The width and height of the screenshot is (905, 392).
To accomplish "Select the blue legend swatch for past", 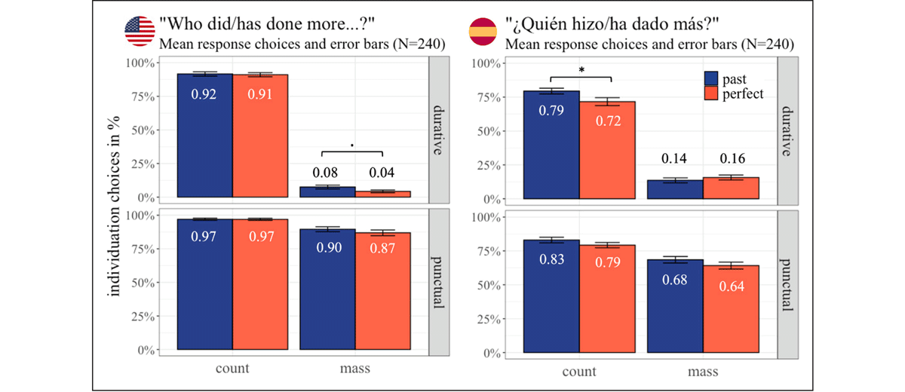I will tap(710, 78).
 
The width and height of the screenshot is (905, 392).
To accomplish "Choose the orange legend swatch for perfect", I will tap(710, 94).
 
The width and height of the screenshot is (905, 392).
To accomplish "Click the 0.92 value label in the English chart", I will tap(204, 95).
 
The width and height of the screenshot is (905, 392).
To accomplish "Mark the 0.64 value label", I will tap(730, 286).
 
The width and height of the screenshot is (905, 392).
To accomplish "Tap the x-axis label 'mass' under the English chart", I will tap(354, 369).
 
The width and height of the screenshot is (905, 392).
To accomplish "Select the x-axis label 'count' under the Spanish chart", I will tap(579, 371).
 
